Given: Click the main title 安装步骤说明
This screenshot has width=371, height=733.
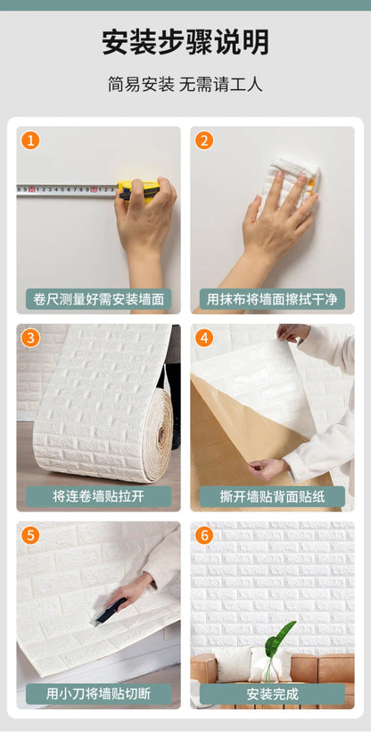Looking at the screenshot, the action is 185,43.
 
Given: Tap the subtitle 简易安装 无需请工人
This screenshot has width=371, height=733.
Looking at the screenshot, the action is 185,85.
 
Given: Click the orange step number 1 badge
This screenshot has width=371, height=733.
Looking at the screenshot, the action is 30,140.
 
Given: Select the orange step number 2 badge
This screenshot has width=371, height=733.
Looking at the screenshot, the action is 204,140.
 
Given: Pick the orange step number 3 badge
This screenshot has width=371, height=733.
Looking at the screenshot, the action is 30,337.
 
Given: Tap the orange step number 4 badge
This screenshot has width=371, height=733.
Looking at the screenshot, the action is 204,337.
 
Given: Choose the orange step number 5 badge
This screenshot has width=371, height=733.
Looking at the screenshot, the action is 30,536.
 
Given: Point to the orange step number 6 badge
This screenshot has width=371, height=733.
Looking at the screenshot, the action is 204,536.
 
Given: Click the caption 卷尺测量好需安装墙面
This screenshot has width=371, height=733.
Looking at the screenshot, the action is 98,299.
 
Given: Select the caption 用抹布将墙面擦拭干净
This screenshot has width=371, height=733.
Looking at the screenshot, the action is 272,299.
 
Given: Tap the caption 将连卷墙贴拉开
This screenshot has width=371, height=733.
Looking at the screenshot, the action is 98,496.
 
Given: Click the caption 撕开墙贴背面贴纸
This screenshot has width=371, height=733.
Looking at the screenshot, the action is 272,496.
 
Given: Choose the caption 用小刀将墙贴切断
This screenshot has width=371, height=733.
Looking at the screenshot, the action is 98,694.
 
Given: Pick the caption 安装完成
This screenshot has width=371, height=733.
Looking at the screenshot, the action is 272,694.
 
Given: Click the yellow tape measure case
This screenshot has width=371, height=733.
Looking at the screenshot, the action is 138,191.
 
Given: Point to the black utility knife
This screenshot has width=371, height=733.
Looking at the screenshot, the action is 110,611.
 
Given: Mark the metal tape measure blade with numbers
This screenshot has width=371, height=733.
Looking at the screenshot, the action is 67,190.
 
